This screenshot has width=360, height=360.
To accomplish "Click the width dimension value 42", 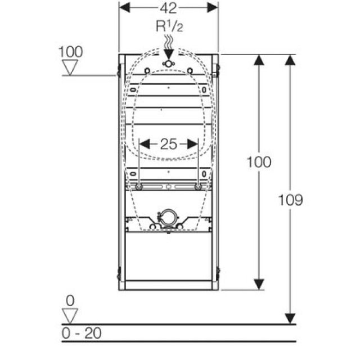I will pyautogui.click(x=168, y=8).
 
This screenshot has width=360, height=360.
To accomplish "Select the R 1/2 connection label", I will pyautogui.click(x=168, y=26).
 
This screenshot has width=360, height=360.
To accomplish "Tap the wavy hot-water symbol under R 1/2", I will pyautogui.click(x=168, y=42).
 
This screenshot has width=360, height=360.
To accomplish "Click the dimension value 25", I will pyautogui.click(x=168, y=143).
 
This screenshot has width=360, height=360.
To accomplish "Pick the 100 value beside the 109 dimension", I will pyautogui.click(x=259, y=162).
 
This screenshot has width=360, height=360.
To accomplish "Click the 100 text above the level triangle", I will pyautogui.click(x=70, y=52).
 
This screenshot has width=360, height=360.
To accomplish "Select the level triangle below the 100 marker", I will pyautogui.click(x=70, y=67).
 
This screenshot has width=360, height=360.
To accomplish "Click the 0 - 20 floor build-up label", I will pyautogui.click(x=82, y=333).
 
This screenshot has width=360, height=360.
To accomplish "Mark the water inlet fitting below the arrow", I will pyautogui.click(x=168, y=64).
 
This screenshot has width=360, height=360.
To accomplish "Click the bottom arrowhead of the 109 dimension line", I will pyautogui.click(x=290, y=319).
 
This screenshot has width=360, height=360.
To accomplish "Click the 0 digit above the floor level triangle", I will pyautogui.click(x=70, y=301).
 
